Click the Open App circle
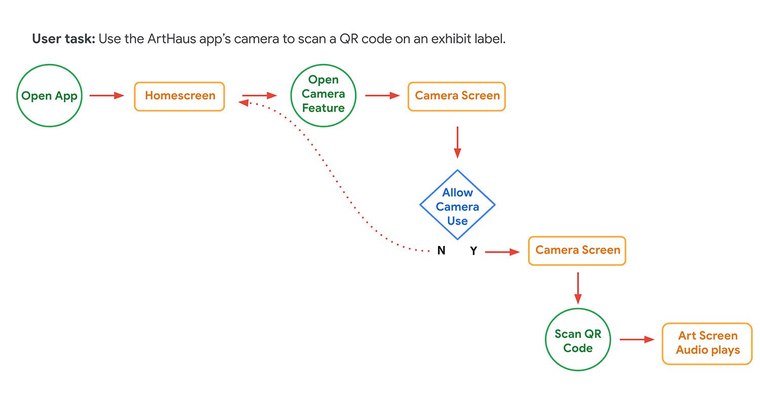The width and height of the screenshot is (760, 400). (x=49, y=96)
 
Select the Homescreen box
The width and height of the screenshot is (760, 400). (x=179, y=96)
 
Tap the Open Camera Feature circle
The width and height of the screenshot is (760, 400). (x=323, y=94)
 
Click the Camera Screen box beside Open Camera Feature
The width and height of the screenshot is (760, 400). (x=457, y=96)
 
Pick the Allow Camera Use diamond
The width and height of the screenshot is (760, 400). (x=458, y=206)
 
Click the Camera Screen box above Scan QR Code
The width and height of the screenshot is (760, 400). (x=577, y=251)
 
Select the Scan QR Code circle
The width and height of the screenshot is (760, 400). (x=578, y=341)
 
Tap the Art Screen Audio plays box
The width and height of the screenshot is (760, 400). (x=707, y=343)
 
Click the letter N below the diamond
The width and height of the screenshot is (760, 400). (x=441, y=251)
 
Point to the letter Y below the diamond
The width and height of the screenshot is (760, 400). (x=473, y=251)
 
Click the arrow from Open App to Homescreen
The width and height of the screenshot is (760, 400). (x=107, y=95)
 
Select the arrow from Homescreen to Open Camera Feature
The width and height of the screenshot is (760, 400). (x=259, y=95)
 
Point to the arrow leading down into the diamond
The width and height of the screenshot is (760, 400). (x=458, y=142)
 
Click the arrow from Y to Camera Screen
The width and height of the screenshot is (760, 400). (x=502, y=252)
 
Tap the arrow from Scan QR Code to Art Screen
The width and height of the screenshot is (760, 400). (x=637, y=340)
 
